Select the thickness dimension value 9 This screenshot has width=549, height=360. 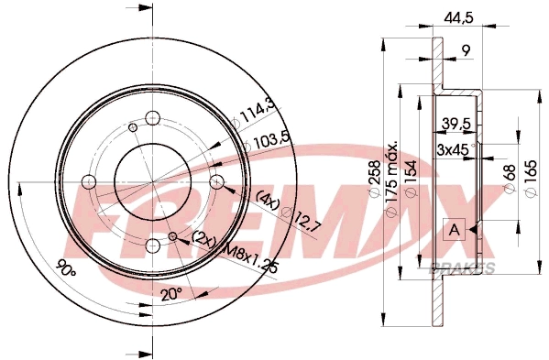click(466, 51)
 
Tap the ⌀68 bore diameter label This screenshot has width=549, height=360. click(509, 180)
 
